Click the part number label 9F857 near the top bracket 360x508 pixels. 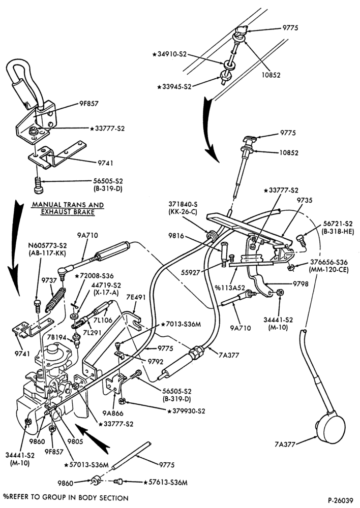click(x=88, y=104)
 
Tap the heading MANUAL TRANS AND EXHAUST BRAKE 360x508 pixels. click(x=68, y=208)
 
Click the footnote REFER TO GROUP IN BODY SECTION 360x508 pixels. click(x=66, y=498)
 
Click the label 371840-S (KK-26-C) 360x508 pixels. click(x=183, y=208)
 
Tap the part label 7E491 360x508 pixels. click(x=136, y=297)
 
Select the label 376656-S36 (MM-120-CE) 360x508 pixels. click(x=328, y=265)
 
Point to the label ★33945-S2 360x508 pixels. click(x=174, y=86)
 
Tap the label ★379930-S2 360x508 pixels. click(x=187, y=411)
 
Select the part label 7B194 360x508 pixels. click(x=56, y=338)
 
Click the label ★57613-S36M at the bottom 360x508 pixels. click(x=165, y=483)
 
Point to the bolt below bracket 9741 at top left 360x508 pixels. click(x=38, y=185)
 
